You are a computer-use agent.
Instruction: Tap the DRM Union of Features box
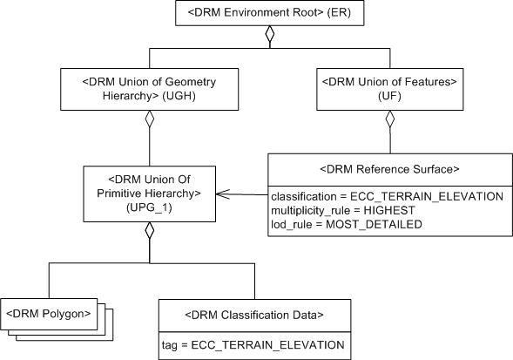[x=390, y=90]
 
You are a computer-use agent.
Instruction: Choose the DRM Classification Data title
[x=254, y=313]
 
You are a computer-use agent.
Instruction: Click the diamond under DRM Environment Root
[x=270, y=36]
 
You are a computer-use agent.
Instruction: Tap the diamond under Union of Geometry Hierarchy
[x=149, y=120]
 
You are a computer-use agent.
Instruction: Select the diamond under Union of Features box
[x=390, y=120]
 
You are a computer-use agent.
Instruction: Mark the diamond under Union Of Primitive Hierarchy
[x=149, y=232]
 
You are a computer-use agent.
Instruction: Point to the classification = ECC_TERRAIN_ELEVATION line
[x=387, y=197]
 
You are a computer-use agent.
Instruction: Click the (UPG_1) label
[x=149, y=209]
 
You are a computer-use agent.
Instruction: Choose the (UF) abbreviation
[x=390, y=97]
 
